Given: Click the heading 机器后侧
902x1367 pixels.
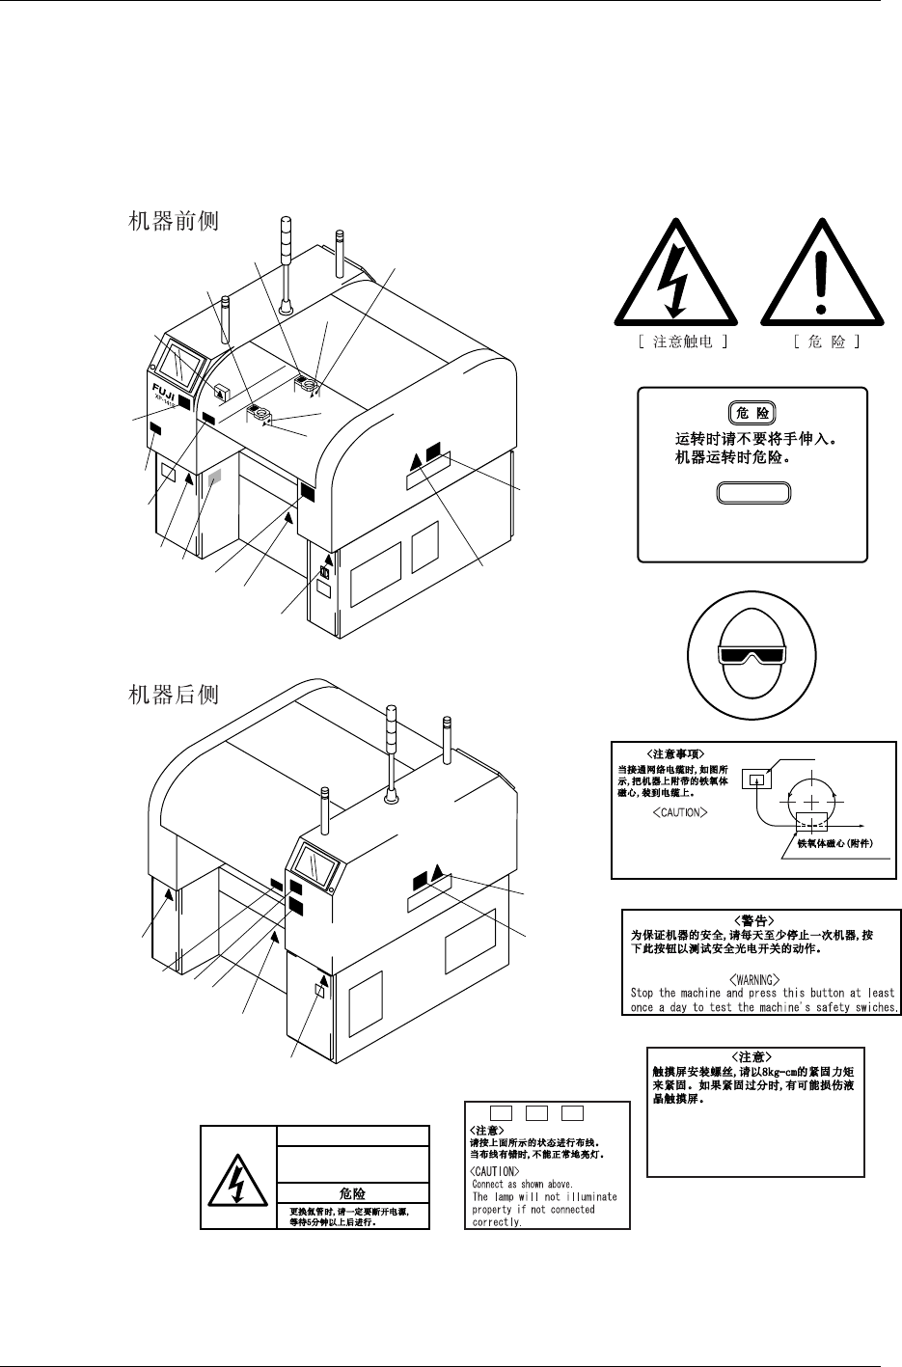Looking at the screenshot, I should (x=174, y=694).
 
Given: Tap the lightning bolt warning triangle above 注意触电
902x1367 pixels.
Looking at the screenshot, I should (x=676, y=277).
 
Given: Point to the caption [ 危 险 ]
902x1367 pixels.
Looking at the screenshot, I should (x=822, y=342).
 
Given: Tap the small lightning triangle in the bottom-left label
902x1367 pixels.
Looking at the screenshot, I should (x=237, y=1178).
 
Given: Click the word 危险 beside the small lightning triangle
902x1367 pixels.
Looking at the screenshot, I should (x=352, y=1193).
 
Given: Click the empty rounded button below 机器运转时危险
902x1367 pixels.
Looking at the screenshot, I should (x=753, y=493).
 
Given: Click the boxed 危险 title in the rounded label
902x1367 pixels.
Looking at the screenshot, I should (x=753, y=413).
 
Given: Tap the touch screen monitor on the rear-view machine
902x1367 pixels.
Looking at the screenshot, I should (x=314, y=861).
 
